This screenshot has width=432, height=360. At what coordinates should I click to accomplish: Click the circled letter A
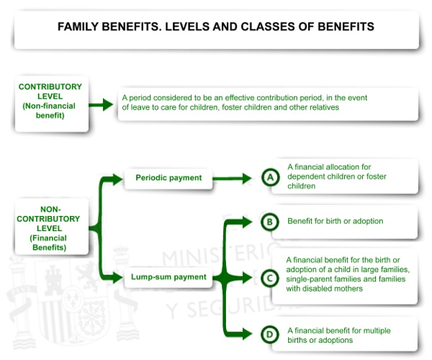point(270,177)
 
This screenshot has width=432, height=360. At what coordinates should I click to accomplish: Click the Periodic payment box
point(168,178)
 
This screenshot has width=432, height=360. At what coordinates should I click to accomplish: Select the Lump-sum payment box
point(169,276)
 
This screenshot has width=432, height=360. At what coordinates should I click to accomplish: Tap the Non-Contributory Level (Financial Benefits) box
point(50,227)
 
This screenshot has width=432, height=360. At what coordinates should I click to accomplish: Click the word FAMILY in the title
point(80,27)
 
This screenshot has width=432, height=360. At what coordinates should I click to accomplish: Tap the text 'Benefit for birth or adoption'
point(335,221)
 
